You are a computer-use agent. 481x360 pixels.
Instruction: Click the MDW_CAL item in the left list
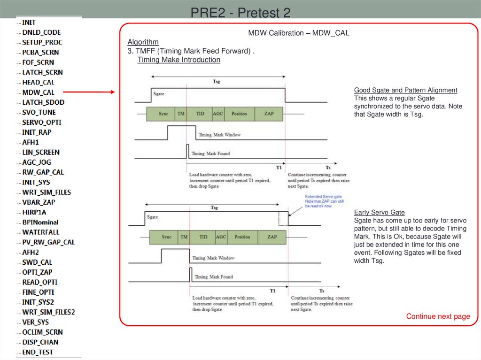click(x=38, y=92)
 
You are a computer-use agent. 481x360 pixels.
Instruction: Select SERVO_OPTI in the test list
click(x=41, y=122)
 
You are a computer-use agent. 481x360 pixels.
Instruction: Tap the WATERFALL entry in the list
click(x=40, y=232)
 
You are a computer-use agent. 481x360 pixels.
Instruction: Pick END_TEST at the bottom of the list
click(x=38, y=352)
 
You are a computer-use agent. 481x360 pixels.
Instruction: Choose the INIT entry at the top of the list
click(x=29, y=22)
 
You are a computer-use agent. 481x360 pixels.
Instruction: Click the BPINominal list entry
click(x=40, y=222)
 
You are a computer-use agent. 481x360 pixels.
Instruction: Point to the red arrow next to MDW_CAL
click(x=89, y=92)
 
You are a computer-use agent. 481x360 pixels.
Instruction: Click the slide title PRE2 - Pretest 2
click(x=240, y=12)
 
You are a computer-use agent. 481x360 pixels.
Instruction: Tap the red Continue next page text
click(x=438, y=316)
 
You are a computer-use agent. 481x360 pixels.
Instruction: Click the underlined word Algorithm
click(x=143, y=42)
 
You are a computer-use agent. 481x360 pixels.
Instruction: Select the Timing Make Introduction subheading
click(x=178, y=60)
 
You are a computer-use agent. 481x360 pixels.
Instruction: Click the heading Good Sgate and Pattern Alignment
click(x=405, y=90)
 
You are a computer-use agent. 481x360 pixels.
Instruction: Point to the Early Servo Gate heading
click(x=379, y=212)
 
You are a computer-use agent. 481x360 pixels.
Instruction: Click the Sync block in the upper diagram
click(x=163, y=114)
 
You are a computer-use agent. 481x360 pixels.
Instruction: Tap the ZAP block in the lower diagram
click(x=272, y=237)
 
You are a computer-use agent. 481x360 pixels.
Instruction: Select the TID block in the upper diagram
click(x=200, y=114)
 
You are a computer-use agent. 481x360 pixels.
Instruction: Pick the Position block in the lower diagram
click(x=242, y=237)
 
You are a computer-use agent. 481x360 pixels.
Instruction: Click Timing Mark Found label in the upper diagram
click(x=210, y=153)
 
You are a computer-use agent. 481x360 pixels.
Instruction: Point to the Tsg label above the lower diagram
click(x=214, y=207)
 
